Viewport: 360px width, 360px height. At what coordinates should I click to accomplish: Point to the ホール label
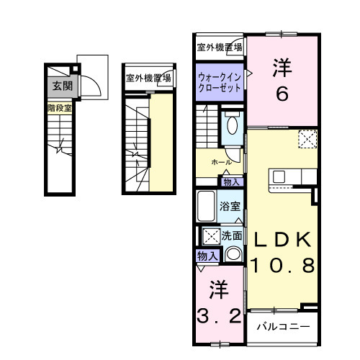(221, 163)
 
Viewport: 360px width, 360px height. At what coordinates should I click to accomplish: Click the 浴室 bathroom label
(230, 206)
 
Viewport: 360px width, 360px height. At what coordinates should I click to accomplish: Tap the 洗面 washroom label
(232, 235)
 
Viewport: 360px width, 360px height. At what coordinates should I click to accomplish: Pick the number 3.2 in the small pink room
(219, 315)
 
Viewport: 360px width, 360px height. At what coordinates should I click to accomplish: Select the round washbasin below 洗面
(233, 253)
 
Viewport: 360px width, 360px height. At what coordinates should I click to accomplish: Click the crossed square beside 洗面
(210, 235)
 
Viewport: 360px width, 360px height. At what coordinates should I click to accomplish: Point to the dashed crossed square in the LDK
(307, 138)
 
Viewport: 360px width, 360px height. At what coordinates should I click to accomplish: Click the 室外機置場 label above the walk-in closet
(220, 48)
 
